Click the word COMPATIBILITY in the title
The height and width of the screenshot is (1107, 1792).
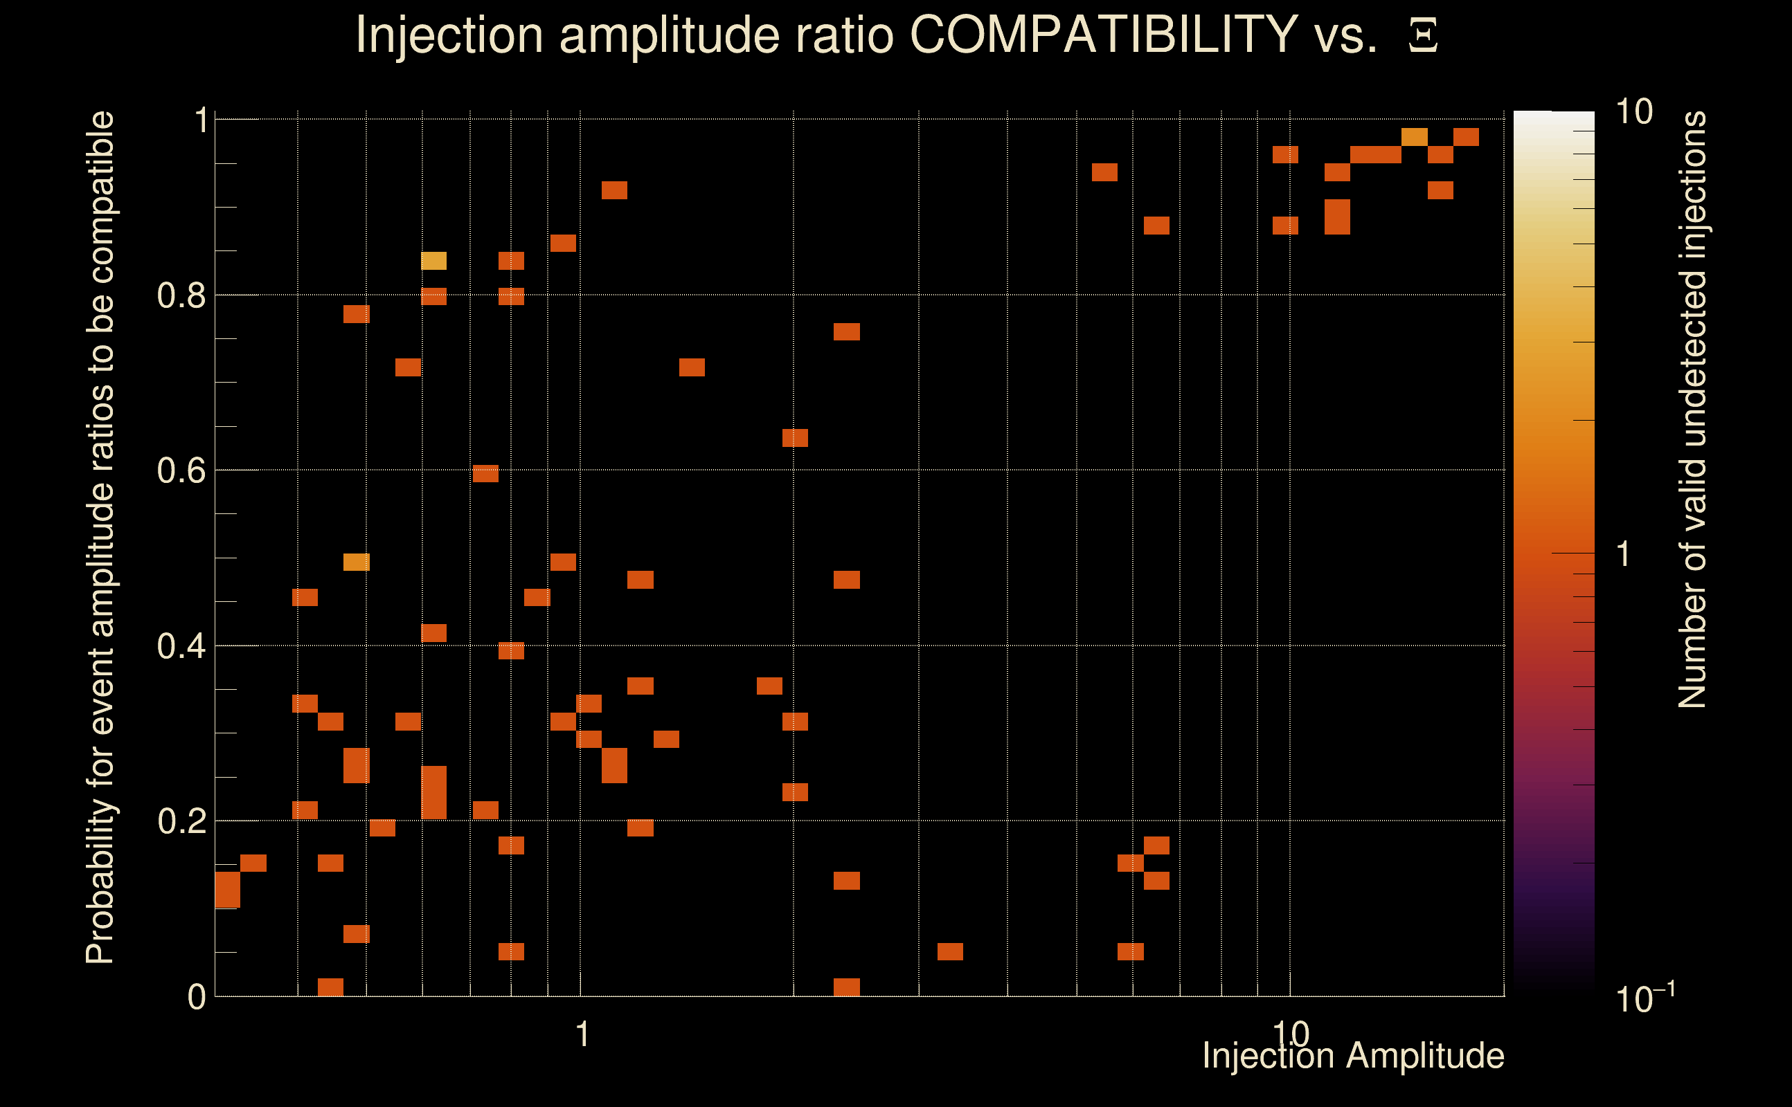[x=1103, y=35]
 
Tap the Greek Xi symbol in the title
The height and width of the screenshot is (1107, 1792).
[x=1423, y=36]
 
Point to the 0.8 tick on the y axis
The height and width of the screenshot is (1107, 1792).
[x=181, y=296]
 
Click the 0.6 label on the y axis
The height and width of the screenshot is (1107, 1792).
[x=181, y=470]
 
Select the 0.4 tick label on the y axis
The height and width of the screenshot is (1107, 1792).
[x=181, y=646]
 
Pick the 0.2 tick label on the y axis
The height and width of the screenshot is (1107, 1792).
[x=181, y=821]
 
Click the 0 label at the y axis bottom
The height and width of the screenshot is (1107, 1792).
[x=197, y=997]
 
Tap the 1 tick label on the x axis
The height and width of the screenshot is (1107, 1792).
[x=582, y=1034]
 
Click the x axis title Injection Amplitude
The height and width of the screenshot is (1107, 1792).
[x=1353, y=1056]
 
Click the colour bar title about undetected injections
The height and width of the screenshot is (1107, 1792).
[x=1692, y=410]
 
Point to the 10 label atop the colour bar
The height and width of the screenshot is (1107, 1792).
[x=1633, y=112]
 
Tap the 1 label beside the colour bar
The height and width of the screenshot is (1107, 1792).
[x=1624, y=554]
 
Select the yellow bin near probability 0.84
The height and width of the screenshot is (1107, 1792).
[x=433, y=261]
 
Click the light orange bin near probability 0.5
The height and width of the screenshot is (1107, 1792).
[x=357, y=562]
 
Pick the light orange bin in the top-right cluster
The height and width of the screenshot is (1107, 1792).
[x=1414, y=137]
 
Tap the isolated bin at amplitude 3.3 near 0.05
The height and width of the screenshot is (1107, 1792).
[x=950, y=952]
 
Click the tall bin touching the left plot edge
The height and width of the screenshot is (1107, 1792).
[x=227, y=890]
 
